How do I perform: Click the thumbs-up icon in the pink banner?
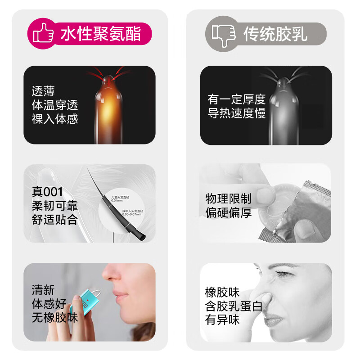(x=42, y=33)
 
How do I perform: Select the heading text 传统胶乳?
(x=275, y=33)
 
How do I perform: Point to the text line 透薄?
(x=43, y=92)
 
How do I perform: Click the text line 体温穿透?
(x=54, y=105)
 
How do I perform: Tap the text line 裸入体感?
(x=54, y=119)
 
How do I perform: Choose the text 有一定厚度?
(x=236, y=99)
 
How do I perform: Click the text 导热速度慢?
(x=236, y=113)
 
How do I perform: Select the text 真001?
(x=47, y=192)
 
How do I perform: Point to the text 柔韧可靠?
(x=54, y=206)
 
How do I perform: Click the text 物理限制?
(x=228, y=198)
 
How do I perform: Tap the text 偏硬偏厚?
(x=228, y=212)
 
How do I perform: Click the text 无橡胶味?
(x=54, y=318)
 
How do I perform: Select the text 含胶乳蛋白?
(x=234, y=306)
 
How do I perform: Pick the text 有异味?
(x=222, y=320)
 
